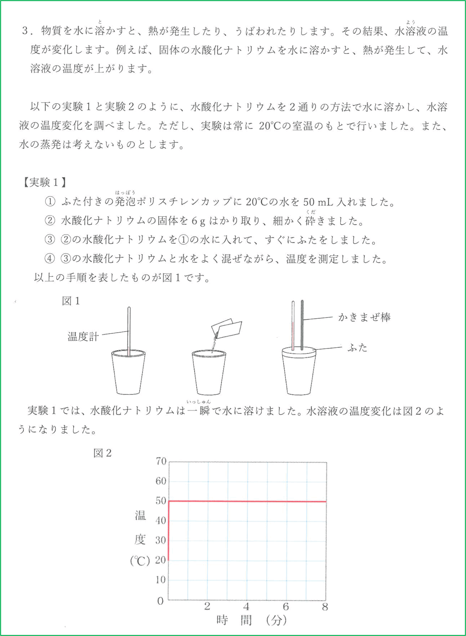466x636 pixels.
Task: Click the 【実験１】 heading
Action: click(x=44, y=183)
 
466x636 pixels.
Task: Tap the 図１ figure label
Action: click(x=71, y=301)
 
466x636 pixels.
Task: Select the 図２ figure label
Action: click(x=102, y=453)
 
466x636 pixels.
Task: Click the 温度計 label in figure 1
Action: click(x=83, y=336)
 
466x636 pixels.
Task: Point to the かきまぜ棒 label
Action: click(x=364, y=317)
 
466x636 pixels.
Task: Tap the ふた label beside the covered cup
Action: click(x=357, y=348)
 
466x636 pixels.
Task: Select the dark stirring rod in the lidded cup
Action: click(x=302, y=324)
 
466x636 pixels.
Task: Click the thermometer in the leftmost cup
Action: click(x=129, y=330)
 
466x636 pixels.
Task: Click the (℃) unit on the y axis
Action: click(x=140, y=561)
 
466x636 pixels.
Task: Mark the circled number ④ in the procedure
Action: click(x=50, y=259)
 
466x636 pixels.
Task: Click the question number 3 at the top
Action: click(x=25, y=31)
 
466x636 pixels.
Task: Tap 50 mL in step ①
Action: click(x=318, y=202)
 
